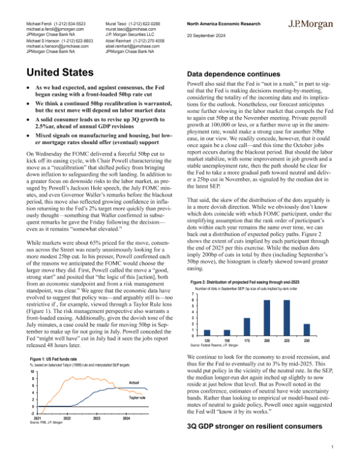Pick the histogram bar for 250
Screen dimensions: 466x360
click(307, 330)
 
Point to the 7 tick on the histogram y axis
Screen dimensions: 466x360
click(192, 294)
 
